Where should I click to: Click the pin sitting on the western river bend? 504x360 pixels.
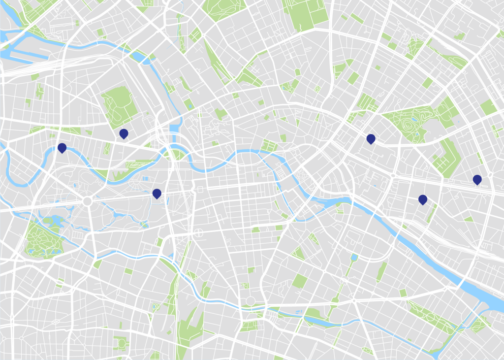62,147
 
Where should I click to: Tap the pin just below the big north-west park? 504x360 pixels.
124,133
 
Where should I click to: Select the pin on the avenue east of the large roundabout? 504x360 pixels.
157,193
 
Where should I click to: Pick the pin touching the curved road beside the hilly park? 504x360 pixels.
371,139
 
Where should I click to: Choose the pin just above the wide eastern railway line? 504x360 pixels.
477,179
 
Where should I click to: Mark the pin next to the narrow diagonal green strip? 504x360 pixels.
422,199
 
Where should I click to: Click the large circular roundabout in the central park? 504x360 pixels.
88,201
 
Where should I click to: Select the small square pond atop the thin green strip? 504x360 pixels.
354,257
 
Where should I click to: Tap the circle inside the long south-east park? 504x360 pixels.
431,318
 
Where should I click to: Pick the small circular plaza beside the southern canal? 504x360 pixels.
251,300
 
